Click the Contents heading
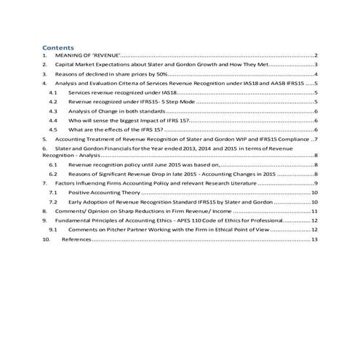[58, 47]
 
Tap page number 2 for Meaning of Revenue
[316, 55]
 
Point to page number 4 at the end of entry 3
[316, 74]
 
